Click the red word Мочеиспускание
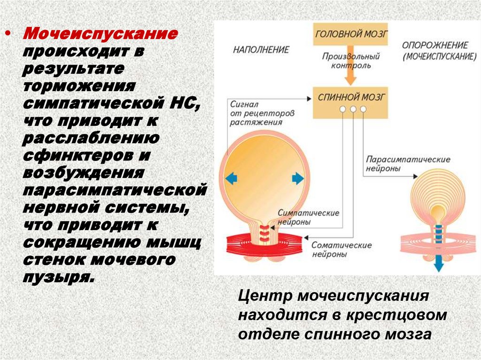pyautogui.click(x=101, y=34)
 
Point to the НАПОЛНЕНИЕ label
pyautogui.click(x=261, y=49)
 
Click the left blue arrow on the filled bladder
pyautogui.click(x=231, y=178)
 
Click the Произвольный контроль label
pyautogui.click(x=350, y=61)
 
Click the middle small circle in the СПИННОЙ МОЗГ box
pyautogui.click(x=353, y=109)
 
